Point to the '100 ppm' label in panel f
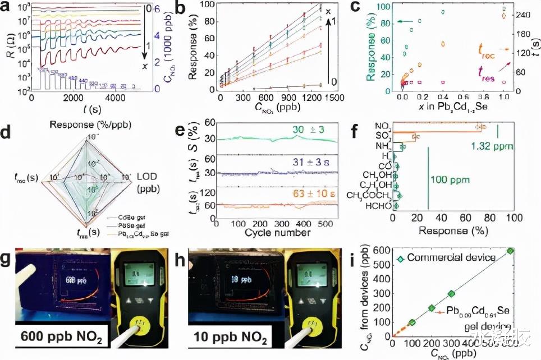tap(450, 179)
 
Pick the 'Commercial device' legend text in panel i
tap(452, 258)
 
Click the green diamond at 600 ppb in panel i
tap(510, 251)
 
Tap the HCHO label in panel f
tap(379, 206)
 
